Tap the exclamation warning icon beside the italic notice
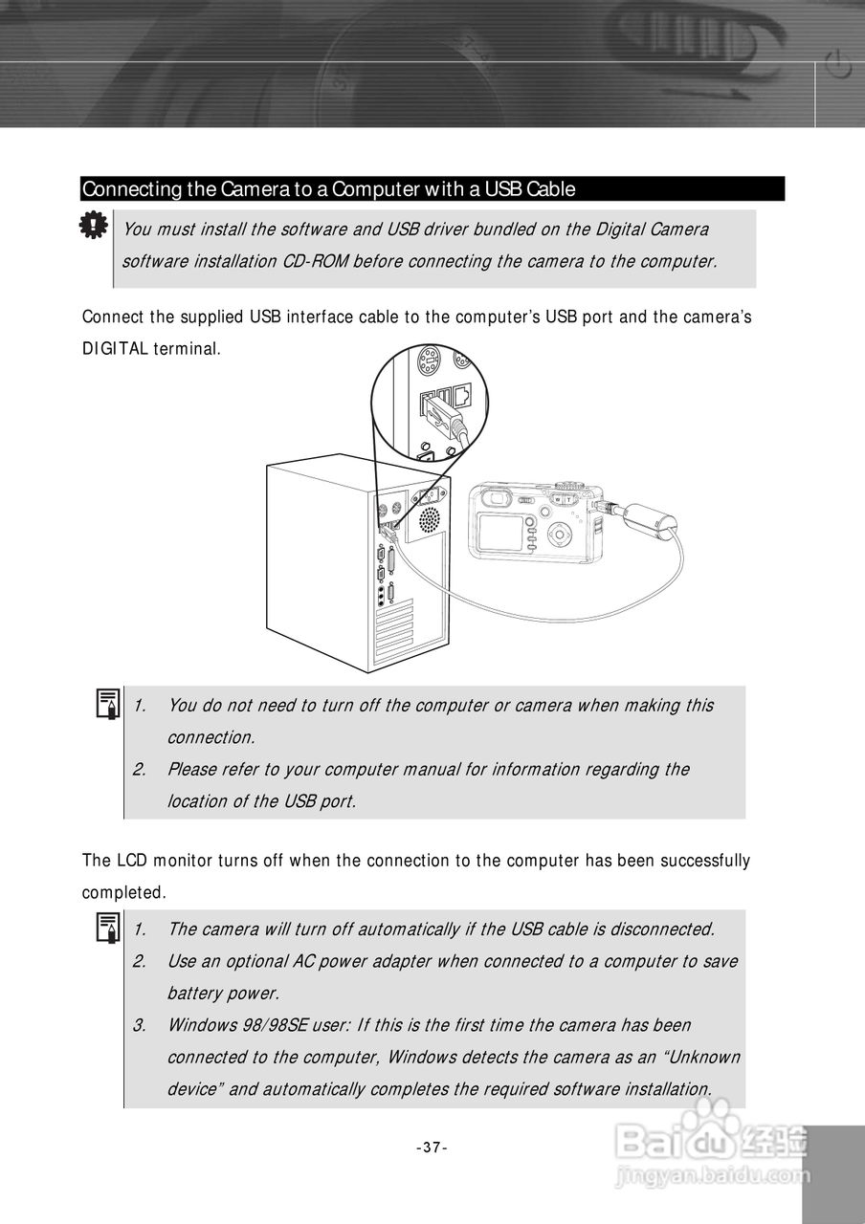(92, 226)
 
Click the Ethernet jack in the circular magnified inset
(461, 393)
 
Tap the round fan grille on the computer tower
(430, 519)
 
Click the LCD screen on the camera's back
(499, 531)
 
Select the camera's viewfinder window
(495, 497)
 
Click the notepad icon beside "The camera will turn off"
(107, 929)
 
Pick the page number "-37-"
(432, 1147)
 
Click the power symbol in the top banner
(838, 67)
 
